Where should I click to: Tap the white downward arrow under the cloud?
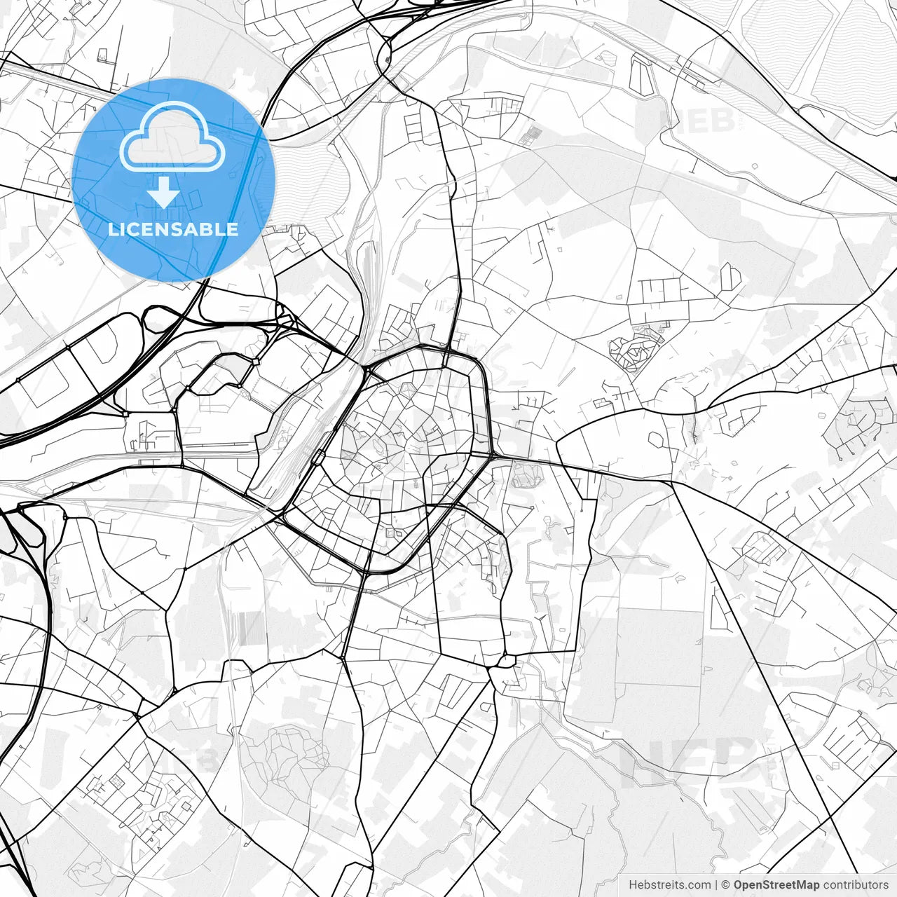(164, 192)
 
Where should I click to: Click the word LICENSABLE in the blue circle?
(172, 229)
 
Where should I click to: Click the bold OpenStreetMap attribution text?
(776, 885)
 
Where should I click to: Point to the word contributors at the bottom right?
(856, 885)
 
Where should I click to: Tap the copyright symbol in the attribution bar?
(726, 885)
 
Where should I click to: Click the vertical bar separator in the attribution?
(715, 885)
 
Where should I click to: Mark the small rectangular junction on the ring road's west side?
(320, 456)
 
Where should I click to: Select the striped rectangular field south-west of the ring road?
(245, 629)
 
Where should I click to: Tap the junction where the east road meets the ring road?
(493, 456)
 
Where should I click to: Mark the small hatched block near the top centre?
(535, 135)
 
